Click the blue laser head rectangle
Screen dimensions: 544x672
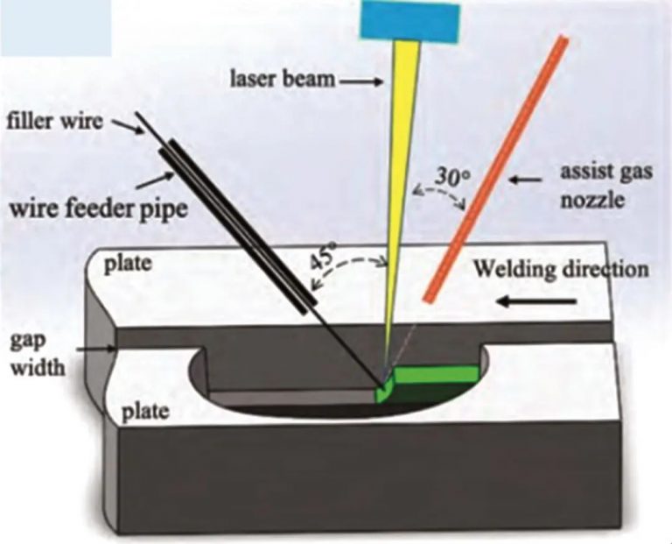pos(410,21)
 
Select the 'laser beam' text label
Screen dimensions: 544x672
pos(283,80)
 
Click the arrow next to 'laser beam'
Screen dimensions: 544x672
pos(360,81)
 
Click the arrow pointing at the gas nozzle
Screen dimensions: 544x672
pos(527,180)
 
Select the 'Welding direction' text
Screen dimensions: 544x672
pos(561,267)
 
